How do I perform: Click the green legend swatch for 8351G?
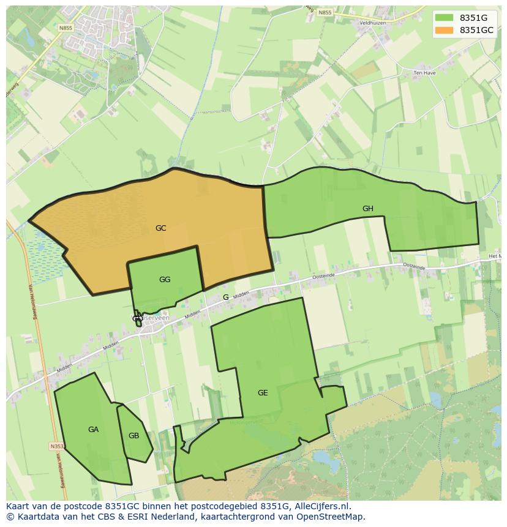click(445, 17)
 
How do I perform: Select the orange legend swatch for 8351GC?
click(445, 30)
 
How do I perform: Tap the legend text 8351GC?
click(476, 30)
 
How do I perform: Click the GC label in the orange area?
click(160, 228)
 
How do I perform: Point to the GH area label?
click(367, 209)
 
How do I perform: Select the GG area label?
click(164, 280)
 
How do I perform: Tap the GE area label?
click(262, 393)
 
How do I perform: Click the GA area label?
click(93, 430)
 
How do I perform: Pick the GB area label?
click(133, 436)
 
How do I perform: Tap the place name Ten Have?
click(424, 73)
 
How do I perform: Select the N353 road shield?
click(56, 447)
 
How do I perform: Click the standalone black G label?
click(225, 297)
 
